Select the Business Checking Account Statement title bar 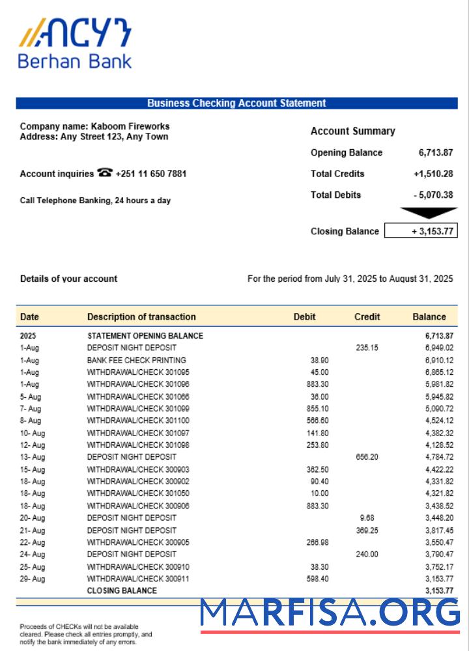(x=236, y=103)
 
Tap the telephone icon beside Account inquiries (x=104, y=173)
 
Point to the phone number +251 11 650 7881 (x=151, y=174)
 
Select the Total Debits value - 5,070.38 (x=433, y=195)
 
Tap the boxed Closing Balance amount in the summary (x=421, y=231)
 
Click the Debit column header (x=304, y=317)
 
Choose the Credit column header (x=367, y=317)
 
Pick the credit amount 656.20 (x=367, y=457)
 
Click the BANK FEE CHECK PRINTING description (x=136, y=360)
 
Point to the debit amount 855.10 (x=317, y=408)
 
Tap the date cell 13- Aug (x=32, y=457)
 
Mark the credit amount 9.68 (x=367, y=518)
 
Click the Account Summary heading (x=352, y=131)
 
